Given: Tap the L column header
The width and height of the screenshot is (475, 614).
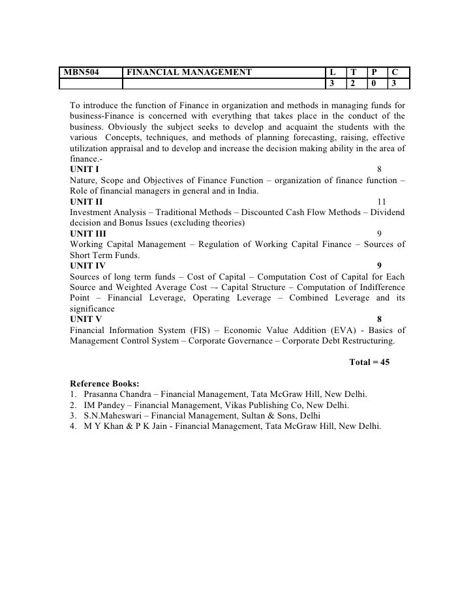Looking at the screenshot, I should coord(332,72).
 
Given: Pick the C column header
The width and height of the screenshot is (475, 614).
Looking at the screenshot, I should coord(395,72).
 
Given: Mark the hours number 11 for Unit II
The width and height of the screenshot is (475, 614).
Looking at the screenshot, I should coord(382,201).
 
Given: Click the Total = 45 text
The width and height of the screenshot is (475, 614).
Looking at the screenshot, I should coord(369,362).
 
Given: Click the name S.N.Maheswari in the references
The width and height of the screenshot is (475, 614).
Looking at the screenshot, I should coord(113,415).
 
